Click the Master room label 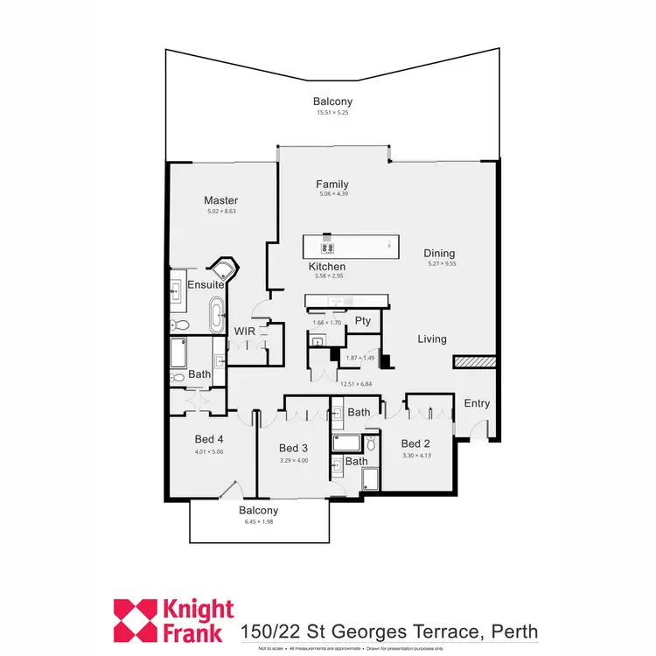pyautogui.click(x=221, y=200)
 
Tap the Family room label pyautogui.click(x=332, y=185)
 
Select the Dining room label pyautogui.click(x=440, y=254)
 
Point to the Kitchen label pyautogui.click(x=327, y=267)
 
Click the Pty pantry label pyautogui.click(x=362, y=321)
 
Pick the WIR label pyautogui.click(x=243, y=331)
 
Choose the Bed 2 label pyautogui.click(x=415, y=443)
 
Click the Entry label pyautogui.click(x=477, y=403)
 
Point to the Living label pyautogui.click(x=432, y=339)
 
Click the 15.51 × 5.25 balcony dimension pyautogui.click(x=332, y=113)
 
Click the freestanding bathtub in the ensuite pyautogui.click(x=215, y=316)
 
